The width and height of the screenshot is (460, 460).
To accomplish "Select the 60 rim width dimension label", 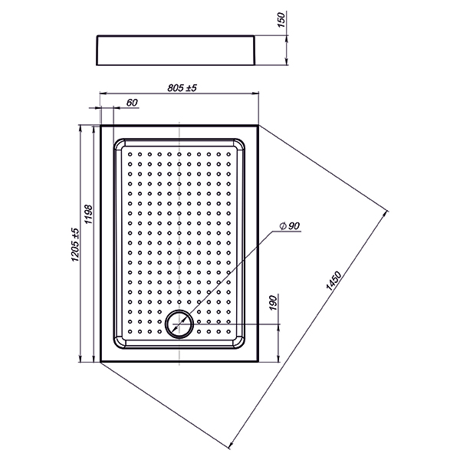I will tap(131, 102).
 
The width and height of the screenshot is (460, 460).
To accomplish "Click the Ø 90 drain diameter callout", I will tap(290, 225).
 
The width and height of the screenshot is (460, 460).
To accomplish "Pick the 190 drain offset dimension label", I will tap(273, 306).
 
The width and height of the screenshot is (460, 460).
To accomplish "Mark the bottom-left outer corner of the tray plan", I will tap(100, 362).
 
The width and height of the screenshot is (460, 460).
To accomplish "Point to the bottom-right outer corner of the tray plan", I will tap(258, 362).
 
